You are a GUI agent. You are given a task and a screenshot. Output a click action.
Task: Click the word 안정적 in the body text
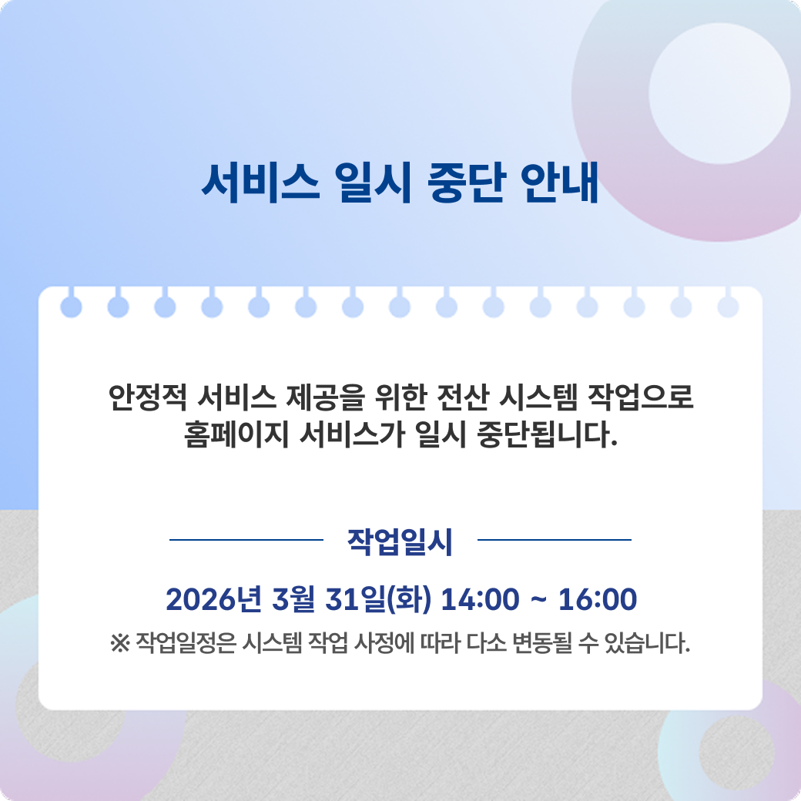[148, 398]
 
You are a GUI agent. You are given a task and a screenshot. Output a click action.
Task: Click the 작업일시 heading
[400, 541]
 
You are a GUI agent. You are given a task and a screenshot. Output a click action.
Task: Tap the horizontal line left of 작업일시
[246, 540]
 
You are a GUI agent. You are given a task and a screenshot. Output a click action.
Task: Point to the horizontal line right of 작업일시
[555, 540]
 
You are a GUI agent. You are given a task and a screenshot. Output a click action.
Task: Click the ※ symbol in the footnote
[120, 642]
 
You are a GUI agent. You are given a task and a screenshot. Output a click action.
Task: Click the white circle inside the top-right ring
[719, 94]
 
